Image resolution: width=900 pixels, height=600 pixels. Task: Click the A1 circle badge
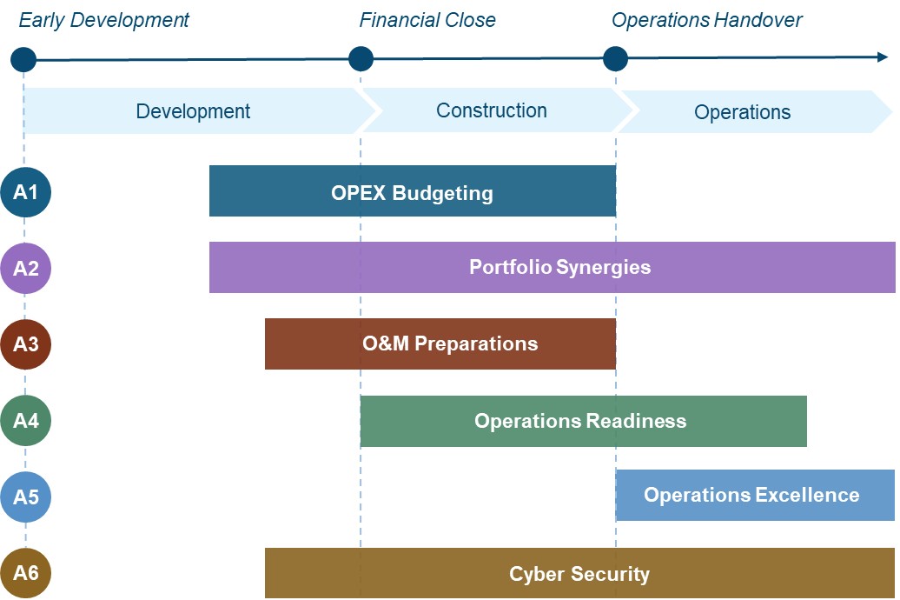[26, 192]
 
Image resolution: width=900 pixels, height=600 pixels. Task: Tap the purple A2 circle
[26, 268]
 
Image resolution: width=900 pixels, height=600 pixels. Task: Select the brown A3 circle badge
[26, 344]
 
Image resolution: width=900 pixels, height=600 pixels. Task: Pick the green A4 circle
[26, 421]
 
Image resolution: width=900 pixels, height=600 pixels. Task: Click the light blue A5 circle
[26, 497]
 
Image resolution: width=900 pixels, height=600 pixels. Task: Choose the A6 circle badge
[26, 573]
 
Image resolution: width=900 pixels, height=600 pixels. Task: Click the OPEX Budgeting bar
[413, 190]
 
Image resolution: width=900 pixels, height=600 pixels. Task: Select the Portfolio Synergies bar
[553, 267]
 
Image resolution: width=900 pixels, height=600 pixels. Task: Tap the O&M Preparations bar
[440, 343]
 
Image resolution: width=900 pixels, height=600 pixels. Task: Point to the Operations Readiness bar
[583, 421]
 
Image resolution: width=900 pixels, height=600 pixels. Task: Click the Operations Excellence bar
[756, 496]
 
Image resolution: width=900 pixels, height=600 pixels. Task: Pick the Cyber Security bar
[579, 573]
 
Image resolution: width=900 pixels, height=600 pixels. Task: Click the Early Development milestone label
[104, 20]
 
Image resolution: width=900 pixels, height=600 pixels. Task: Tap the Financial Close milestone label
[427, 20]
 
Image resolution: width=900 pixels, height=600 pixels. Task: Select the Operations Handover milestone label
[706, 20]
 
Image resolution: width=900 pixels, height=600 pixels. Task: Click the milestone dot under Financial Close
[361, 58]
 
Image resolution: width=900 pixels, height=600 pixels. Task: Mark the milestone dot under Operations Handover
[615, 58]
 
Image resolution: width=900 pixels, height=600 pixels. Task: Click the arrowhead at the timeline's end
[883, 57]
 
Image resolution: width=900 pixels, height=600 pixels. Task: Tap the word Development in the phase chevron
[193, 111]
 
